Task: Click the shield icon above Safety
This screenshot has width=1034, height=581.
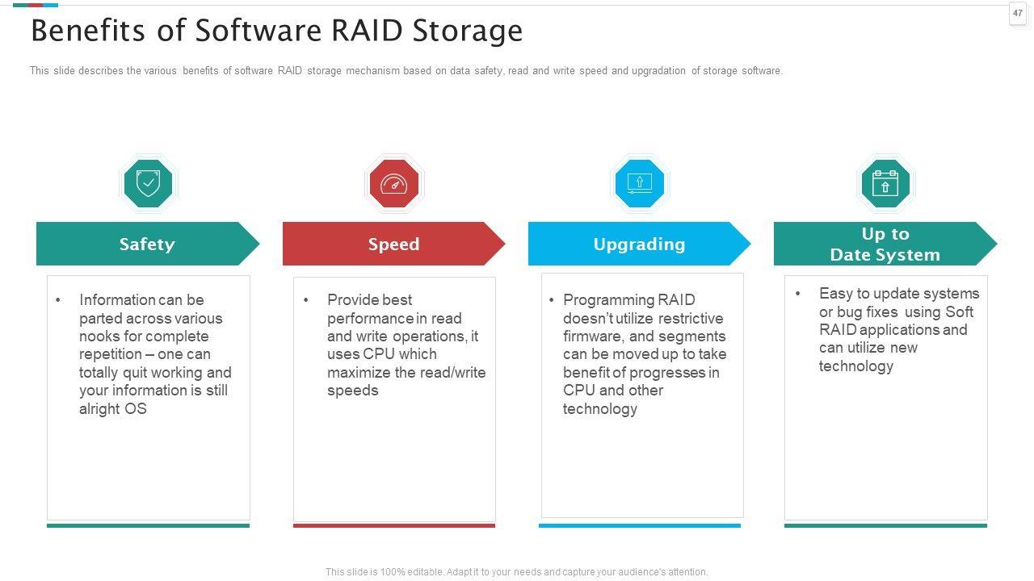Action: tap(148, 183)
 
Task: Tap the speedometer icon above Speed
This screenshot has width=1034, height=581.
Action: tap(394, 183)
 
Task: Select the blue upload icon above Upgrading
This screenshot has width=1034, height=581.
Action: tap(639, 183)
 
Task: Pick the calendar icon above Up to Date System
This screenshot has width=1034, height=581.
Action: tap(885, 183)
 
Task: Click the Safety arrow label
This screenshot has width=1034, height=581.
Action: tap(147, 244)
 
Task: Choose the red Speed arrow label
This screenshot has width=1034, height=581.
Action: tap(393, 244)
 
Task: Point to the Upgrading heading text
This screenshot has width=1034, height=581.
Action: tap(639, 244)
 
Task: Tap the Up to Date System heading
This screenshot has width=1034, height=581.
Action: tap(885, 244)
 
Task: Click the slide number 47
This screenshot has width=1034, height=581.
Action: tap(1018, 13)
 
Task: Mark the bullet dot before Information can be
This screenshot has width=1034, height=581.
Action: tap(58, 300)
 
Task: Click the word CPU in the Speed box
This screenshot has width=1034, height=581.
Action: tap(379, 354)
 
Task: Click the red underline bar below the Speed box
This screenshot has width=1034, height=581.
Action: tap(394, 525)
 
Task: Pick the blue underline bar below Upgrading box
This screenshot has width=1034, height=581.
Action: tap(639, 525)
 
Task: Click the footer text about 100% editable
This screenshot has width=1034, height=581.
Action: tap(516, 572)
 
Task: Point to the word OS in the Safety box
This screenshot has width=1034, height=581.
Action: tap(136, 408)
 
